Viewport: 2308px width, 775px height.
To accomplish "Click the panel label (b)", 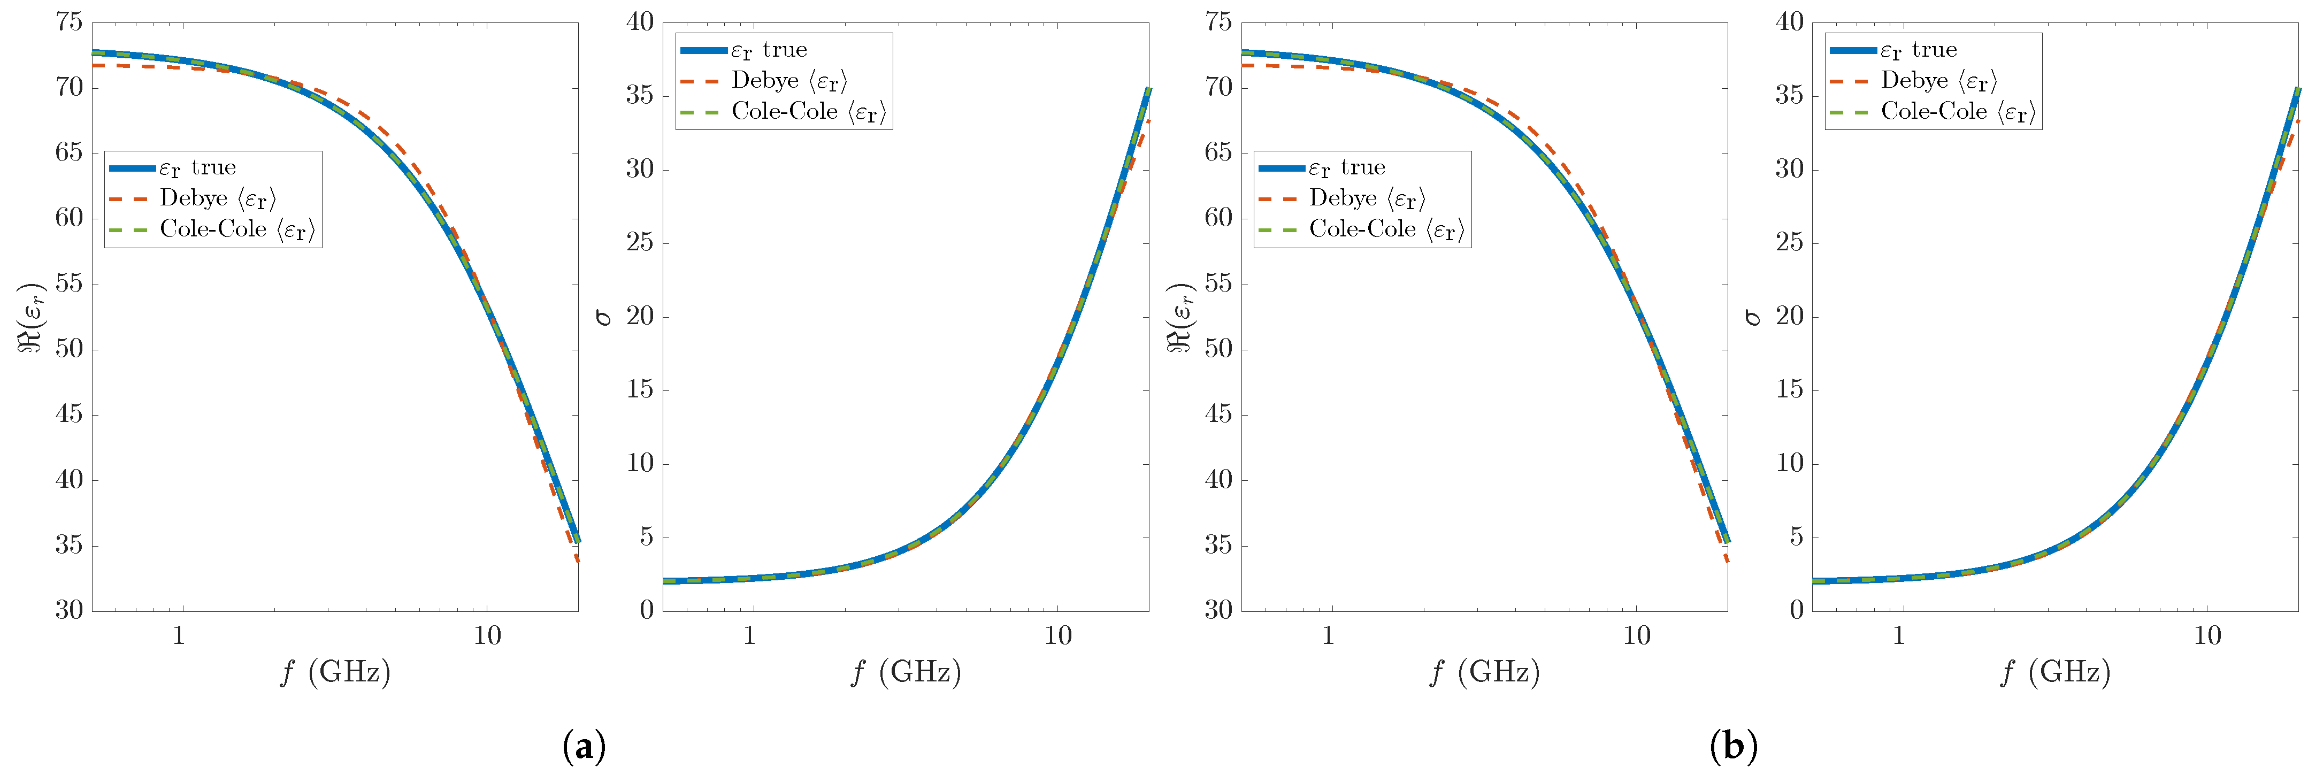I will (x=1733, y=746).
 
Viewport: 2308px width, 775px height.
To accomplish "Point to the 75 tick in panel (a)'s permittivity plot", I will (x=69, y=22).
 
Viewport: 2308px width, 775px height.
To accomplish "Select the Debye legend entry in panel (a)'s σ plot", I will (x=788, y=81).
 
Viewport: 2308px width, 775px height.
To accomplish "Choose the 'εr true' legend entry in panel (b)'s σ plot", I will (x=1918, y=50).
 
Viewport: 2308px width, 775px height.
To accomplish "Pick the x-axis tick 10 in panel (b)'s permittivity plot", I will (x=1636, y=636).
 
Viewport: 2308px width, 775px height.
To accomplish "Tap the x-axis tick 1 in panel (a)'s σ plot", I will (x=749, y=636).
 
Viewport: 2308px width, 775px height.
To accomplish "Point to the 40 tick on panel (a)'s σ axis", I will (x=640, y=22).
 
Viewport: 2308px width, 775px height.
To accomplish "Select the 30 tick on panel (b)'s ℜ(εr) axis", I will (x=1218, y=610).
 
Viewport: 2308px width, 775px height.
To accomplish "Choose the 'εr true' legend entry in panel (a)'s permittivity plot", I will (x=197, y=167).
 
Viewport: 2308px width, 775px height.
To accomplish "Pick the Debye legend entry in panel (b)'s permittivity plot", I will (x=1366, y=198).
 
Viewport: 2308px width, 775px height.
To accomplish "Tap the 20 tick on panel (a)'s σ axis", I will (x=640, y=316).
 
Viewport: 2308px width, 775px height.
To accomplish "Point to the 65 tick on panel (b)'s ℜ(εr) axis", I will (x=1218, y=153).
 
